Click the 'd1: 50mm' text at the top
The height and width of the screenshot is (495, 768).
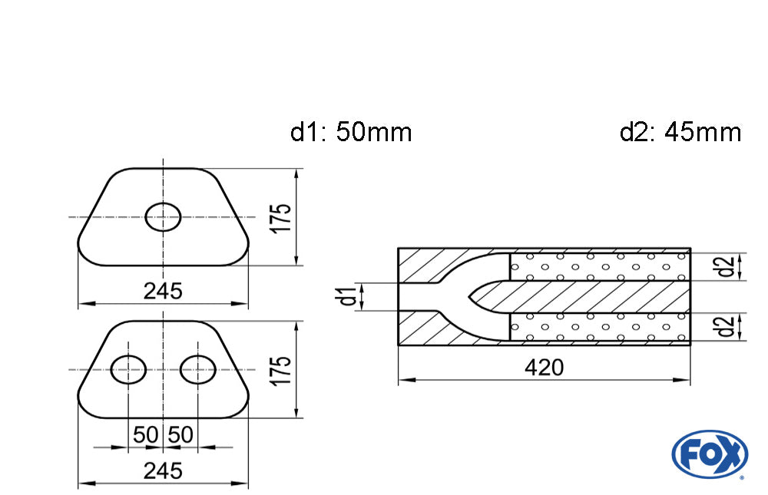351,132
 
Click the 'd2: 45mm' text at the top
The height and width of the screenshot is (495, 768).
680,132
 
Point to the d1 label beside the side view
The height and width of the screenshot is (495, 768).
349,296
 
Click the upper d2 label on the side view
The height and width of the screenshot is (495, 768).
723,266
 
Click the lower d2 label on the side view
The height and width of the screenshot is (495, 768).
723,326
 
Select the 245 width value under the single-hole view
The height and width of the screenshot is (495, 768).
163,291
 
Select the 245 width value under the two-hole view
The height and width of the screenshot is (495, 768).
163,471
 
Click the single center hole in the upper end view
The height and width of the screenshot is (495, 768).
163,217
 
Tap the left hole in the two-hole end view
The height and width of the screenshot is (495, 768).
128,370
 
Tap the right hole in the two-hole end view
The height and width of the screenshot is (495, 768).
197,370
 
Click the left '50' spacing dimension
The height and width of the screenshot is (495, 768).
145,435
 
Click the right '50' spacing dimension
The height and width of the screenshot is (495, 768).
180,435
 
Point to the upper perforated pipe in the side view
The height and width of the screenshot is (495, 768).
599,266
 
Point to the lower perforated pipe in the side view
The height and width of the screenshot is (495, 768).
599,326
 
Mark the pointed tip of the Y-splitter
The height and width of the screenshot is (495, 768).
471,296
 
